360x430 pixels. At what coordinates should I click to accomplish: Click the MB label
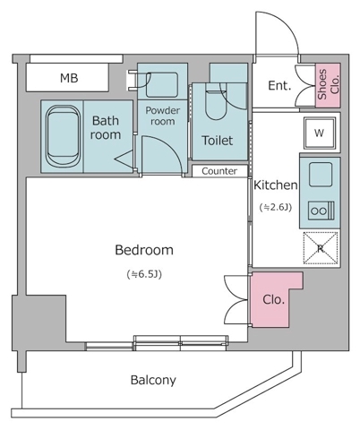point(69,78)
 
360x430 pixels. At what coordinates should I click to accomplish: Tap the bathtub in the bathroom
point(64,136)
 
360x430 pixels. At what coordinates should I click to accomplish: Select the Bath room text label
point(106,127)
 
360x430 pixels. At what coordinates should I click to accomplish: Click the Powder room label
point(163,116)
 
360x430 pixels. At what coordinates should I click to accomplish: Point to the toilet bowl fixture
point(216,101)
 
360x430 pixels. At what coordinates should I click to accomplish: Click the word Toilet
point(217,141)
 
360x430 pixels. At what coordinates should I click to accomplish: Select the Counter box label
point(219,171)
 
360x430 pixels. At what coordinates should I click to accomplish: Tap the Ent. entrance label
point(279,86)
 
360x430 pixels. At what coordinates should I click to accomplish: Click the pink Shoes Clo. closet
point(328,85)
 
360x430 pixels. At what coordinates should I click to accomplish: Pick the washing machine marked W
point(320,133)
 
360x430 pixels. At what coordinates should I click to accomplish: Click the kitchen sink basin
point(321,175)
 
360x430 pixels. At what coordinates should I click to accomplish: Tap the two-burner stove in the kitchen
point(321,211)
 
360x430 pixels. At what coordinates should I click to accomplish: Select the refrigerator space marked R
point(321,248)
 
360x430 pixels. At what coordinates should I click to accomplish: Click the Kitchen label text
point(275,185)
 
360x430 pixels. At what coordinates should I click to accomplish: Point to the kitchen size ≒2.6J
point(275,207)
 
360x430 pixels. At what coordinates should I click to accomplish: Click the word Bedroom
point(144,250)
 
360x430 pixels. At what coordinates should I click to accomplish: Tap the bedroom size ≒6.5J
point(144,274)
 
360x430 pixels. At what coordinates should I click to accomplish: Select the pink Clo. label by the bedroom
point(273,299)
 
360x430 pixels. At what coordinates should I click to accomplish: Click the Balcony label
point(153,380)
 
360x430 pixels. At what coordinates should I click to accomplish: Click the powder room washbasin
point(162,85)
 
